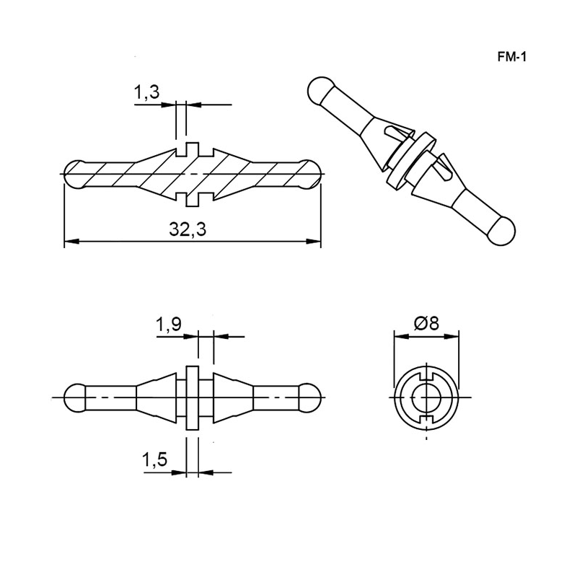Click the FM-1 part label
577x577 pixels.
pyautogui.click(x=512, y=57)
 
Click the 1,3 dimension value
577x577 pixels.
pyautogui.click(x=146, y=92)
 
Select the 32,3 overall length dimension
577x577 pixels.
pyautogui.click(x=188, y=229)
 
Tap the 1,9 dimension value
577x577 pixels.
pyautogui.click(x=169, y=324)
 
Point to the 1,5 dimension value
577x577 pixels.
pyautogui.click(x=154, y=459)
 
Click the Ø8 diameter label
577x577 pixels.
pyautogui.click(x=426, y=323)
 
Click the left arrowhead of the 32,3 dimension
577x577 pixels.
pyautogui.click(x=71, y=242)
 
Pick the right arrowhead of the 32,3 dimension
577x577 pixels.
pyautogui.click(x=314, y=242)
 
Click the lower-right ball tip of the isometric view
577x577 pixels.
pyautogui.click(x=502, y=231)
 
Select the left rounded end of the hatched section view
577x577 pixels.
pyautogui.click(x=75, y=174)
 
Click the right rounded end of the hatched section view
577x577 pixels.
pyautogui.click(x=311, y=174)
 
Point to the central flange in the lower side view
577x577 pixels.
pyautogui.click(x=193, y=398)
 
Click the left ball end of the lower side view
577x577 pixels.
pyautogui.click(x=75, y=398)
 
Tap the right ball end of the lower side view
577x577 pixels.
pyautogui.click(x=309, y=398)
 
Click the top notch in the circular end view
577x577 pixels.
pyautogui.click(x=426, y=375)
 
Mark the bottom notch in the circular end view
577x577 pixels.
pyautogui.click(x=426, y=420)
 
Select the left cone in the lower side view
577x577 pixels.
pyautogui.click(x=156, y=398)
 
